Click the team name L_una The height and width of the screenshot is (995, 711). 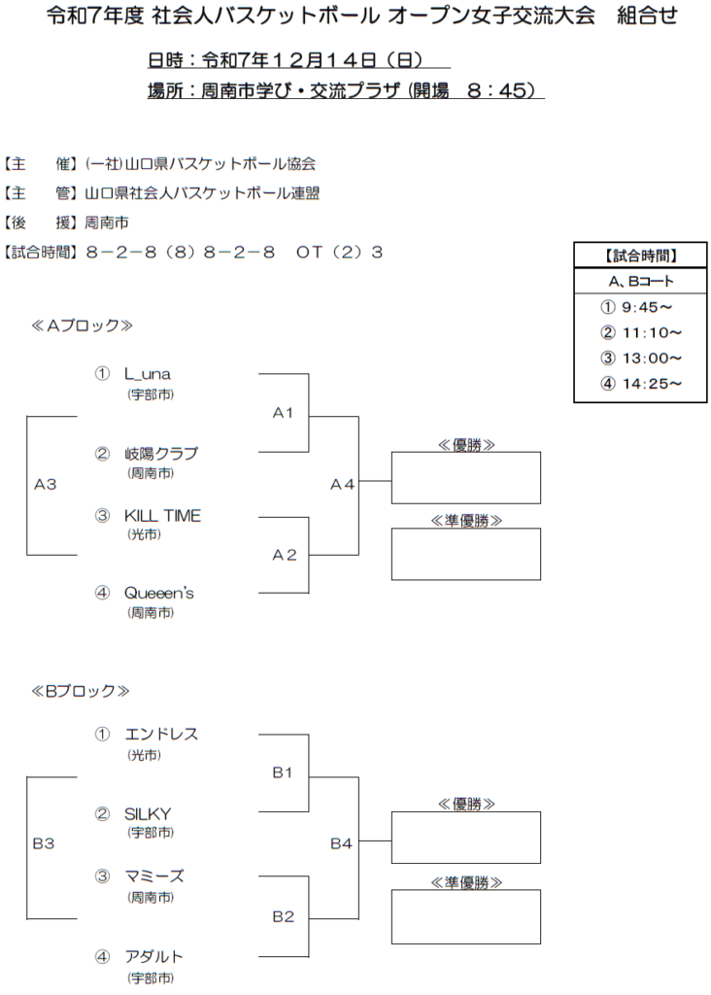[148, 374]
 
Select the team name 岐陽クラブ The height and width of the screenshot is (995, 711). [160, 454]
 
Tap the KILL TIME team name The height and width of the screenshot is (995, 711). [162, 516]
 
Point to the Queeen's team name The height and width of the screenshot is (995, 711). [158, 593]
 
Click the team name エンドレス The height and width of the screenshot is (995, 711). [161, 735]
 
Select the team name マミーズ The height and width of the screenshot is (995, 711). [154, 876]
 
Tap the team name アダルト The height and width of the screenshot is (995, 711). [153, 957]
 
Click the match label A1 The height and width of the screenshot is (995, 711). [283, 413]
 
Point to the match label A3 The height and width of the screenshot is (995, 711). [45, 484]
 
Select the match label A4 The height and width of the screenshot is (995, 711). [342, 484]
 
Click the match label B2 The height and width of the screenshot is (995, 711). [283, 916]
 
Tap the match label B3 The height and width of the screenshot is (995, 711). [44, 843]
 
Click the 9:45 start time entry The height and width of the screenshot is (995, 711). [636, 307]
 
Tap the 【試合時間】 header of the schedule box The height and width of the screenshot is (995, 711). [640, 257]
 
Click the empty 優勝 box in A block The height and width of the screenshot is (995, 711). [465, 478]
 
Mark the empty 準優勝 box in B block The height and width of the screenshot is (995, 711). [465, 916]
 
